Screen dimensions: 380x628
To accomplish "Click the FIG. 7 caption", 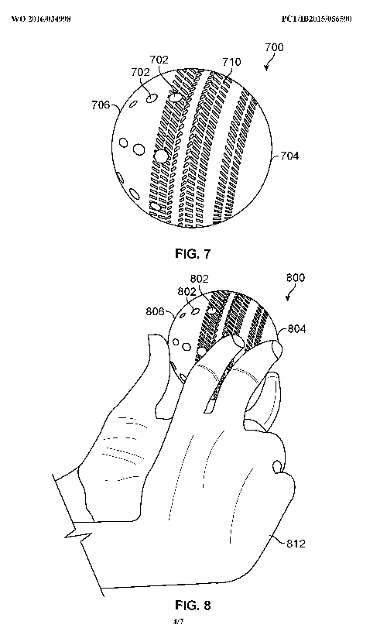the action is [193, 253].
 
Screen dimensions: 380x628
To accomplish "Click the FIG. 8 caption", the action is [193, 605].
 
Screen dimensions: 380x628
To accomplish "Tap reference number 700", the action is [274, 47].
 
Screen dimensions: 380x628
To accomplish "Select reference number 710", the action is [232, 62].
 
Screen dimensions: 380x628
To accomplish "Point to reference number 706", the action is [101, 105].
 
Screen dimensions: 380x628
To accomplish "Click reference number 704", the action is [289, 156].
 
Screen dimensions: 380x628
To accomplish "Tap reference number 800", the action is [296, 277].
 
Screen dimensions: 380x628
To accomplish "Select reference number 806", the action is [155, 311].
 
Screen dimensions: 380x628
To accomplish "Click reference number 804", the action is [296, 329].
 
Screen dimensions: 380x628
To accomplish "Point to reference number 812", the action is [296, 544].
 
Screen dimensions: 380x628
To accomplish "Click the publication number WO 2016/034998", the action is [41, 19].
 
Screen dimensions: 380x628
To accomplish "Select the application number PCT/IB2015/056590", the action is [317, 19].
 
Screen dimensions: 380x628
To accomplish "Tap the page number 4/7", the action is [178, 622].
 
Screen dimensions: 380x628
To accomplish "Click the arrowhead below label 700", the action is [267, 68].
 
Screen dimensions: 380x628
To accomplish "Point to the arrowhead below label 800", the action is [287, 298].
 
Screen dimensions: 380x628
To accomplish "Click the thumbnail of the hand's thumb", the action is [277, 466].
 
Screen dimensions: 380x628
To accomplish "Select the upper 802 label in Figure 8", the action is [200, 279].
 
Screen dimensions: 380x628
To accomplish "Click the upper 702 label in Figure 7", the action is [159, 60].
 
